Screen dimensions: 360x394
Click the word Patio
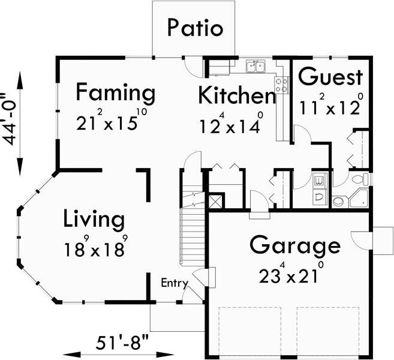point(195,28)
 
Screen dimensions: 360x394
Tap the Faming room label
point(116,94)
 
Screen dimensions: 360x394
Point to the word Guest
point(330,77)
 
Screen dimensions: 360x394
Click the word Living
point(94,220)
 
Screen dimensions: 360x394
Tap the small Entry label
point(175,283)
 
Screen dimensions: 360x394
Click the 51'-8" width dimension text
point(123,344)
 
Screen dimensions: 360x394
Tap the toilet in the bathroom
point(360,179)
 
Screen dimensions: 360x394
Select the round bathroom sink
point(338,201)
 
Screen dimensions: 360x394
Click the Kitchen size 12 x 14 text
point(230,124)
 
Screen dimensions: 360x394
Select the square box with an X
point(215,200)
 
